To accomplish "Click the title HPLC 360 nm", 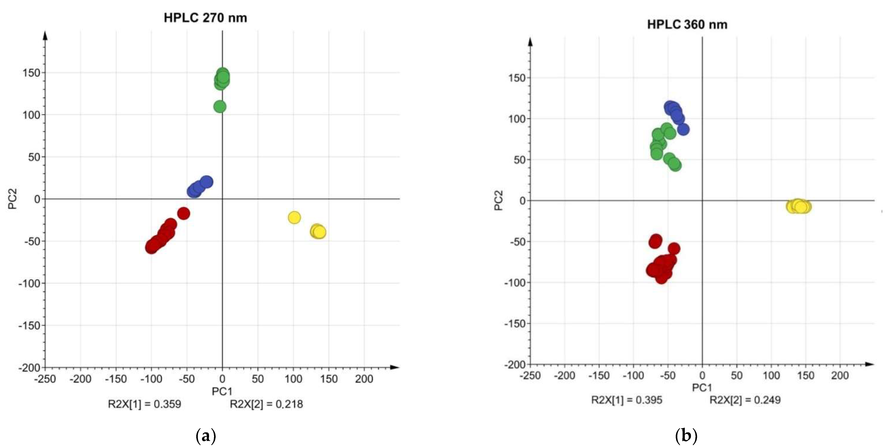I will tap(687, 25).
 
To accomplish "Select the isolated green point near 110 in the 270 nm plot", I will tap(220, 107).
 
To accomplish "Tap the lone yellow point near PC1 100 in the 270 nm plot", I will tap(294, 217).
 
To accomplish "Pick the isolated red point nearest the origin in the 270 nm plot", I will tap(183, 214).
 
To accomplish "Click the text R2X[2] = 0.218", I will tap(266, 404).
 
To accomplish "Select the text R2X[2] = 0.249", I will tap(745, 400).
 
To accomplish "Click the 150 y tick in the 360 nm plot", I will tap(517, 78).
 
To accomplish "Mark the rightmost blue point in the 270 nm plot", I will tap(206, 182).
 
